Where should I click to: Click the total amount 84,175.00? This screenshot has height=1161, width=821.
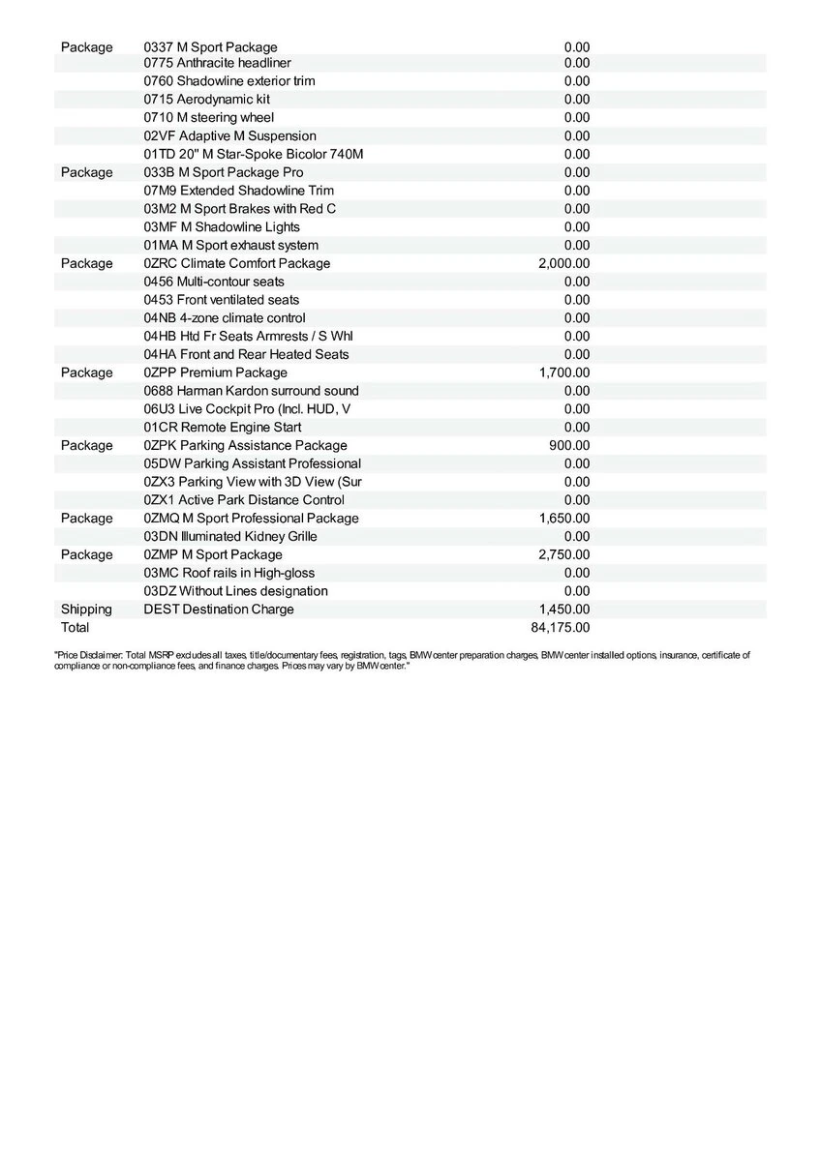point(561,627)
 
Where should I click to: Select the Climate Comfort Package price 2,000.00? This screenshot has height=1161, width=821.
point(563,263)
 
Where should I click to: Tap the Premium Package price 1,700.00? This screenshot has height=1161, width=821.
point(563,372)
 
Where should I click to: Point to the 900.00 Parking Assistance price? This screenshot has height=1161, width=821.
point(568,445)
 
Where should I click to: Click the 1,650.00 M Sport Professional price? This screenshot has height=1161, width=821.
point(563,518)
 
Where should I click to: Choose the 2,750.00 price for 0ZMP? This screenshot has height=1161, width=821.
point(563,554)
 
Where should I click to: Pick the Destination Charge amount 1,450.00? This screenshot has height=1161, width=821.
point(563,609)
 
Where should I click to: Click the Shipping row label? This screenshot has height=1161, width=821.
point(86,609)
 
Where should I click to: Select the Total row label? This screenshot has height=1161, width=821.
point(75,627)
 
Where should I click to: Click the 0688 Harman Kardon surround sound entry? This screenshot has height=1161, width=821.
point(251,391)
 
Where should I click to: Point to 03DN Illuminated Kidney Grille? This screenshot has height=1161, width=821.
point(229,536)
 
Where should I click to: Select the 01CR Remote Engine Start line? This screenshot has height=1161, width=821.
point(222,427)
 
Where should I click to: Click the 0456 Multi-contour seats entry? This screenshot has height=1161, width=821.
point(214,282)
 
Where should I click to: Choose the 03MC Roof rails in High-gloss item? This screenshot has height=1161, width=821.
point(228,573)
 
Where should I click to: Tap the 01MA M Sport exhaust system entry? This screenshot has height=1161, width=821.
point(230,245)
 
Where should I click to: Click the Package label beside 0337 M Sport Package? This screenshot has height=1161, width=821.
point(86,46)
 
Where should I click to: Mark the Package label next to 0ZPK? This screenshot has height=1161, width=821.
point(86,445)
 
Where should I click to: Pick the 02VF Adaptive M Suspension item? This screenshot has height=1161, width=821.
point(229,135)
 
